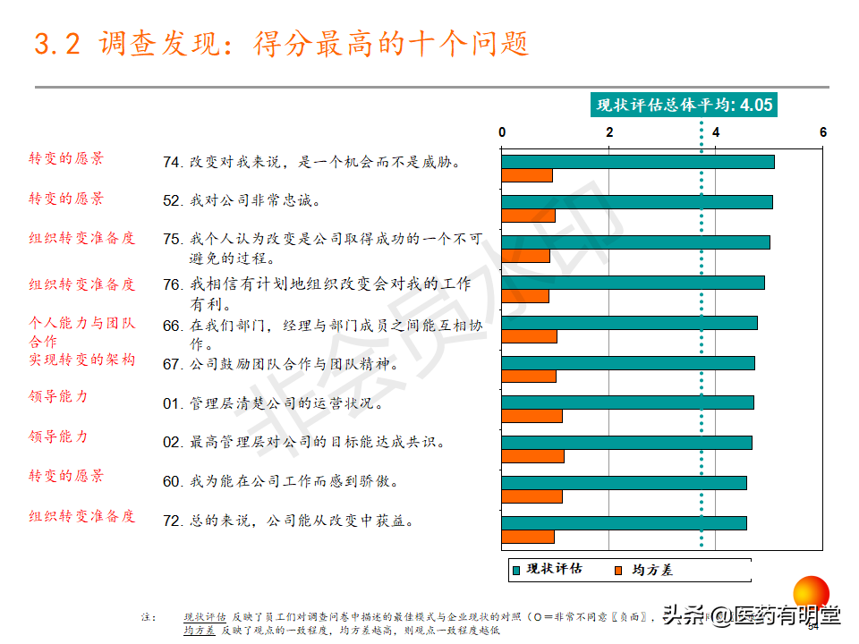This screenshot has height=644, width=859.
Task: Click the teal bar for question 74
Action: (x=637, y=162)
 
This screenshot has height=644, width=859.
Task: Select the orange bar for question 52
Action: (x=528, y=215)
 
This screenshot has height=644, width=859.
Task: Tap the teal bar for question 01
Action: (x=626, y=402)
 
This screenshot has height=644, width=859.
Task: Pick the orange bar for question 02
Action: (x=532, y=456)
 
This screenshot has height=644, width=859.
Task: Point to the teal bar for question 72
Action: (x=623, y=523)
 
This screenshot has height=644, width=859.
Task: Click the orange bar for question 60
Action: (x=532, y=496)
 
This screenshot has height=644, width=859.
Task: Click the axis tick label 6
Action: (x=823, y=132)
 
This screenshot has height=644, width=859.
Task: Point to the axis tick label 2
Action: (x=609, y=132)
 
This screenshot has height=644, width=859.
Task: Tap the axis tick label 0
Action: (x=502, y=132)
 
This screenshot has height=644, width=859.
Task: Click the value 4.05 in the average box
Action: (x=755, y=106)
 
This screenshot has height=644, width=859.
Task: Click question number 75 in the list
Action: (x=173, y=240)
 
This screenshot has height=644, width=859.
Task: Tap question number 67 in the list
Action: (x=173, y=365)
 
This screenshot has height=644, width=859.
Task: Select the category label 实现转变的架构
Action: (x=81, y=360)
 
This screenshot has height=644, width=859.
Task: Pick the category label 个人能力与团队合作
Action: (x=81, y=332)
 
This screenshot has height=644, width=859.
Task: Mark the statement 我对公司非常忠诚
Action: (x=254, y=200)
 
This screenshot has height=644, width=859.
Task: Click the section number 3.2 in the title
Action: (x=57, y=44)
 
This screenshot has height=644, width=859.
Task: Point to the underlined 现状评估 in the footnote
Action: (x=204, y=617)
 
